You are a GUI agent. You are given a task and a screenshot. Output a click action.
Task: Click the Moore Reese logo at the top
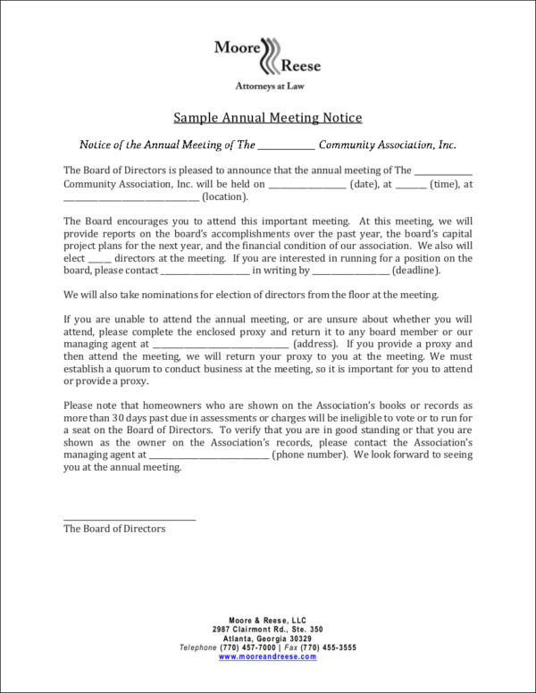click(267, 55)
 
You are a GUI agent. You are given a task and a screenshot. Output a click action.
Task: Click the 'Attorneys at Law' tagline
click(267, 87)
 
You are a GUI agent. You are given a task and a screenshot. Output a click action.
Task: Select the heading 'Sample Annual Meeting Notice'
click(267, 118)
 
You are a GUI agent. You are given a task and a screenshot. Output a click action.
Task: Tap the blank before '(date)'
click(306, 185)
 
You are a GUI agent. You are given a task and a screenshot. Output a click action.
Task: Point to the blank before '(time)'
click(410, 185)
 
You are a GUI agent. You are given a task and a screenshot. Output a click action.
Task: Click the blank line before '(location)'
click(131, 198)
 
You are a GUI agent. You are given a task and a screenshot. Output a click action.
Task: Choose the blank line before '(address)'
click(221, 344)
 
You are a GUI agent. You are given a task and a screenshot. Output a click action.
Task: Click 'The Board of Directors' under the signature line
click(114, 529)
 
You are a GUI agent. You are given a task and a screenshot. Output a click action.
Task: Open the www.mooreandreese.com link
click(267, 656)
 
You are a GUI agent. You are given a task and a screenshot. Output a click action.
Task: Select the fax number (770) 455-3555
click(327, 647)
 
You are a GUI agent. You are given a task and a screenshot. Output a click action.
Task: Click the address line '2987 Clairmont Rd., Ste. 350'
click(267, 630)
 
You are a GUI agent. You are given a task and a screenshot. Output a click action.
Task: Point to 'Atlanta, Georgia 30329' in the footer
click(267, 639)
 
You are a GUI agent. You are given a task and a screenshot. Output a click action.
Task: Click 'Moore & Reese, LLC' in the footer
click(267, 621)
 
